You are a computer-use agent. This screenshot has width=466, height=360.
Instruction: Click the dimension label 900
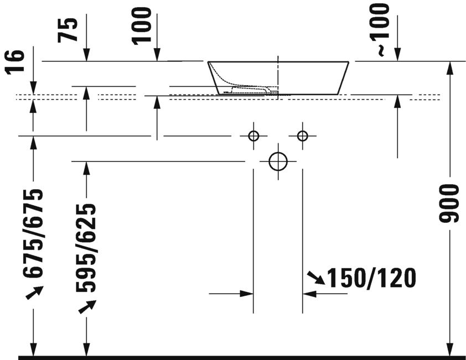click(x=449, y=203)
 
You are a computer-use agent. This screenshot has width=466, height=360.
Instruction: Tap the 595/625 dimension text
click(x=86, y=247)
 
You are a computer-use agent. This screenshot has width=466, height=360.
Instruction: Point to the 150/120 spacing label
click(x=371, y=278)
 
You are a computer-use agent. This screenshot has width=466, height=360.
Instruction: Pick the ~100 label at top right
click(x=382, y=28)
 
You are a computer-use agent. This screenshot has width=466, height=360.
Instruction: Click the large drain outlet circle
click(x=278, y=161)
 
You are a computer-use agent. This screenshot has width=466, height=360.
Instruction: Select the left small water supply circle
click(x=253, y=135)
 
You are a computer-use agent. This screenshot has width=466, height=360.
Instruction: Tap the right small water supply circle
click(x=302, y=135)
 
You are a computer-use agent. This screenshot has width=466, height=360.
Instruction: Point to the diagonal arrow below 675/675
click(x=34, y=293)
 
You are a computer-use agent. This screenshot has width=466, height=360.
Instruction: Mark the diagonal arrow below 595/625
click(x=87, y=307)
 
